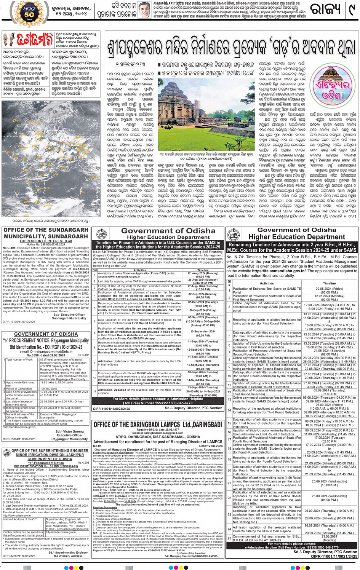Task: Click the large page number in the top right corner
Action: click(351, 11)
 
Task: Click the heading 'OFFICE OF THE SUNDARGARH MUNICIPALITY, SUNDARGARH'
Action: click(46, 233)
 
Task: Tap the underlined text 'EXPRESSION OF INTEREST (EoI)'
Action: click(46, 241)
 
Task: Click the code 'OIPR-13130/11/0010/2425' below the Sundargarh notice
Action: click(19, 322)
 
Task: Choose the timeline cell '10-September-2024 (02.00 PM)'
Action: click(203, 334)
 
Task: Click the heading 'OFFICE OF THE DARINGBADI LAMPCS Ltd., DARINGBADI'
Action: click(158, 425)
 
